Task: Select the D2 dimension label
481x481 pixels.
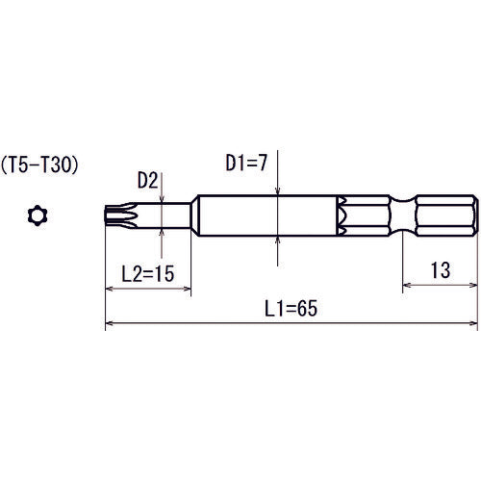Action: click(x=147, y=179)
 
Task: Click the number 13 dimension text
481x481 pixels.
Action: click(x=441, y=272)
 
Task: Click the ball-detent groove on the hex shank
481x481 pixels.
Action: click(x=400, y=216)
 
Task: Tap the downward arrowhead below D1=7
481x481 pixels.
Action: click(x=277, y=193)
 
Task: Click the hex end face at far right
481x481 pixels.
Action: click(x=474, y=216)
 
